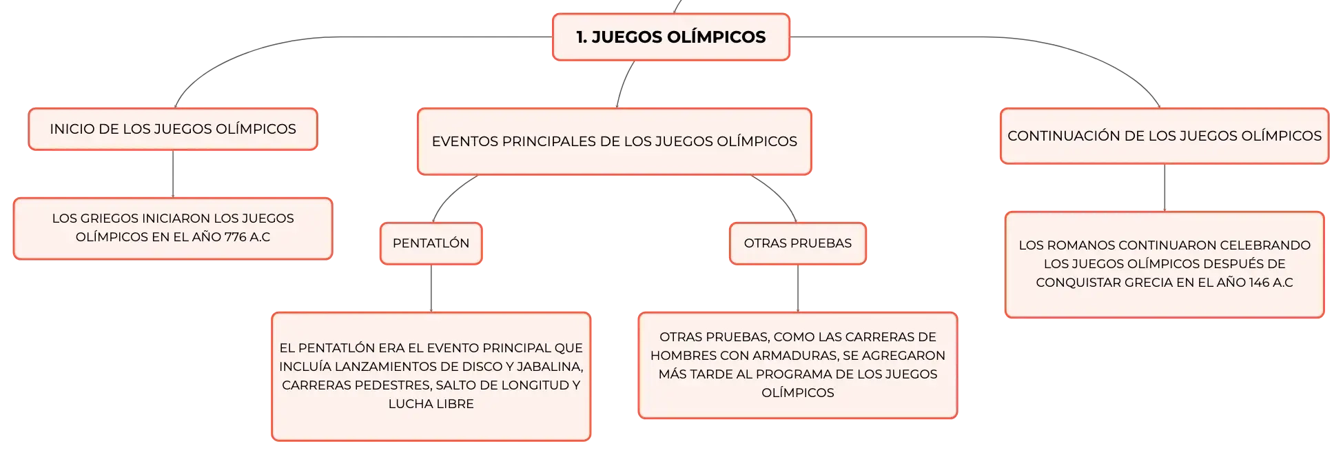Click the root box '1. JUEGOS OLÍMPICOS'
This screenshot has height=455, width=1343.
(670, 37)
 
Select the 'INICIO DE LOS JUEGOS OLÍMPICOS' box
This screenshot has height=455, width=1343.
(173, 129)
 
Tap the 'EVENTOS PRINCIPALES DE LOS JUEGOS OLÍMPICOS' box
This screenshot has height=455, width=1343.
(614, 141)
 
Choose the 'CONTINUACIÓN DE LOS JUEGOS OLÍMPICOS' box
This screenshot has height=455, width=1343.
(1165, 136)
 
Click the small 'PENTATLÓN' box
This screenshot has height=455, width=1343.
(431, 243)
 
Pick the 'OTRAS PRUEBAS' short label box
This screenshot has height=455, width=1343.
(798, 243)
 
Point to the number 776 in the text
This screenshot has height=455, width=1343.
(235, 237)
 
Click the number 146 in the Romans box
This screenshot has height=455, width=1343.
(1259, 283)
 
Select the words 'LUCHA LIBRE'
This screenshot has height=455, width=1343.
(431, 404)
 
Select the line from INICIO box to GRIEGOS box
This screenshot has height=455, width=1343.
(173, 174)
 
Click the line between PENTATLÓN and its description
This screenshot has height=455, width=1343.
(431, 288)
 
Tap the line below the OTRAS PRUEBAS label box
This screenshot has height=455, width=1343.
(798, 288)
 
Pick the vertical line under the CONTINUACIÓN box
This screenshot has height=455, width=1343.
(1165, 188)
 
